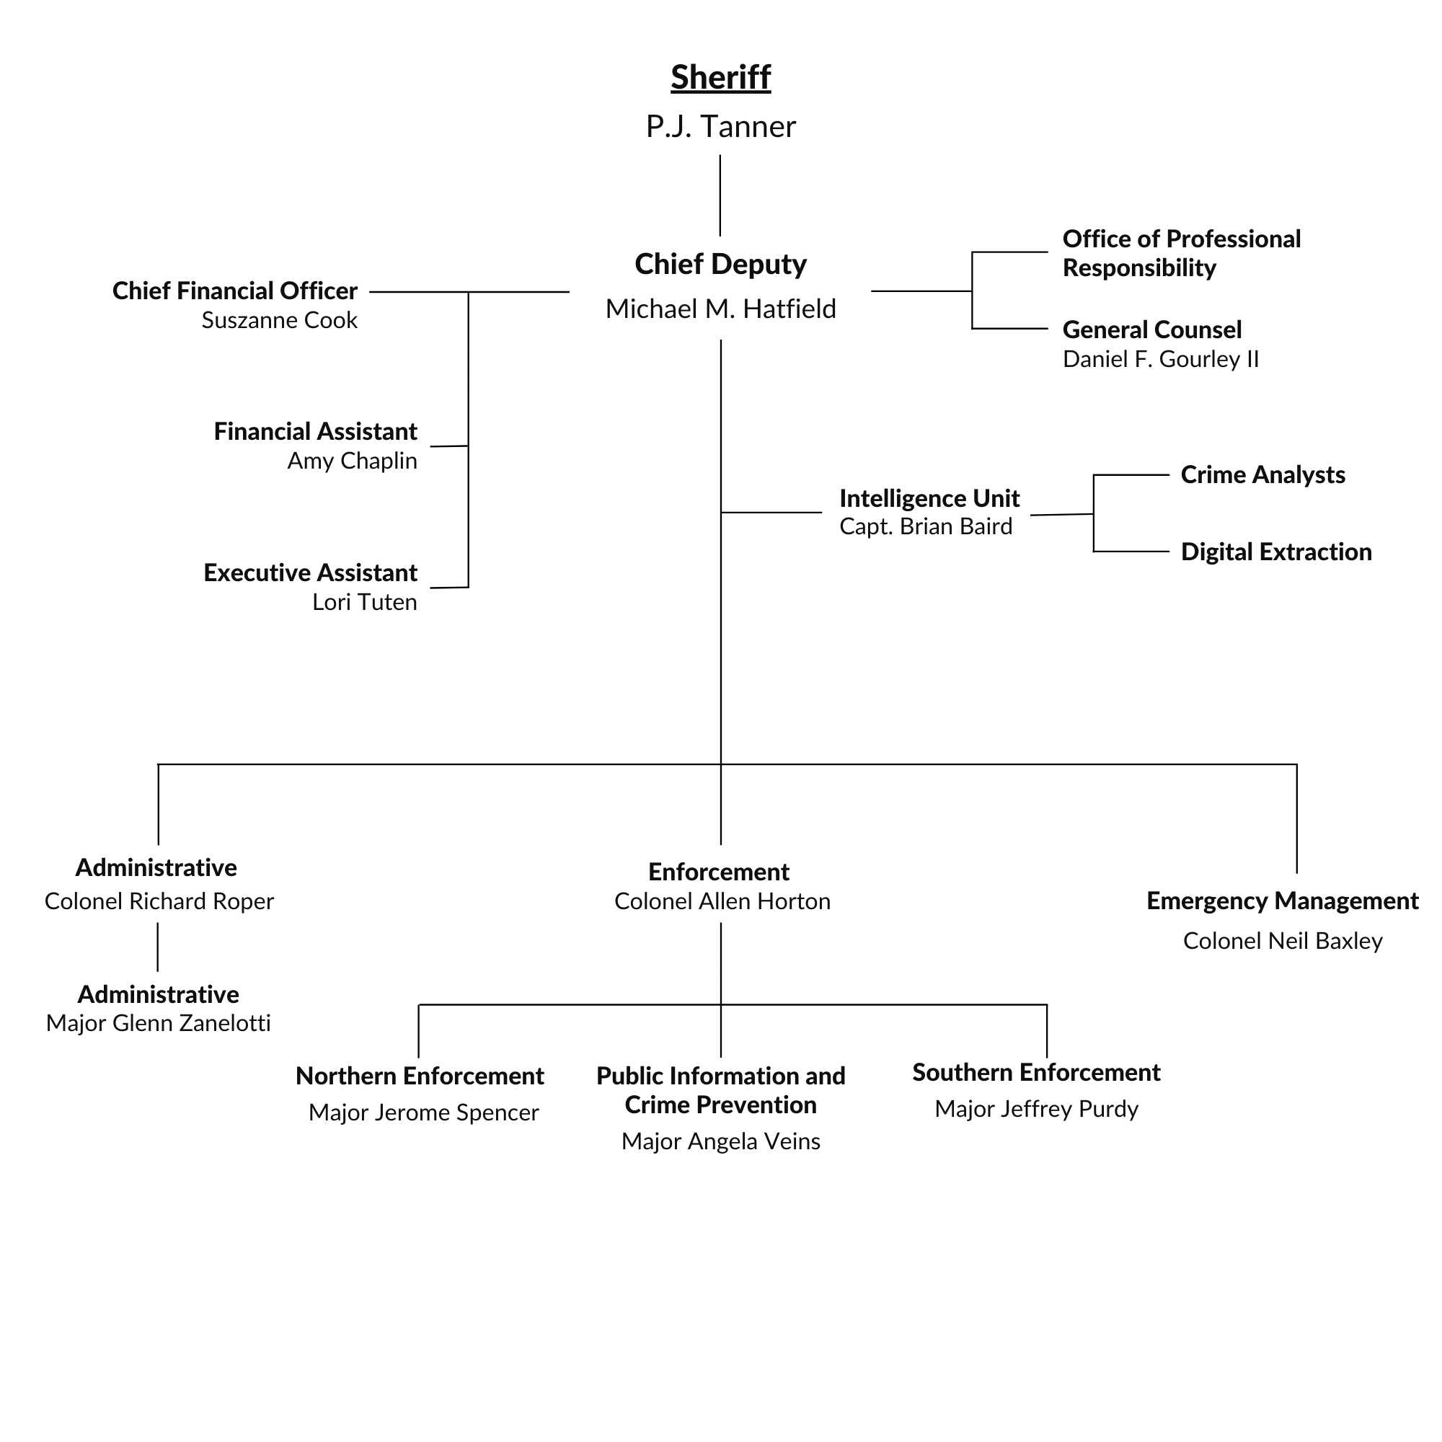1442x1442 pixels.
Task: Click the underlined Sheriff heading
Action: [720, 78]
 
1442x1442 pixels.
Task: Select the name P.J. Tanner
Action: [720, 127]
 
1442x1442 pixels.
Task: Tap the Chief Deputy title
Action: [720, 264]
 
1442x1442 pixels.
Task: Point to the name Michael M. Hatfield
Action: [720, 309]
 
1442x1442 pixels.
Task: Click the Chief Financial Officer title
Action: [234, 291]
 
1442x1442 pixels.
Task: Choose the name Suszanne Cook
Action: [279, 321]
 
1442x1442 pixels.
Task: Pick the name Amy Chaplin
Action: [352, 461]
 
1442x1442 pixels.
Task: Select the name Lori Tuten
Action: [364, 602]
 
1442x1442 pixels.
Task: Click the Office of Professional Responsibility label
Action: [1181, 254]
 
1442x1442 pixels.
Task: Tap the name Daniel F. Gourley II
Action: [1161, 360]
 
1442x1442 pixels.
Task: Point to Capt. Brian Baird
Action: [926, 527]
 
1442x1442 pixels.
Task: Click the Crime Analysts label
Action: [1262, 475]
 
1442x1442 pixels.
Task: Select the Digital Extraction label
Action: [1275, 552]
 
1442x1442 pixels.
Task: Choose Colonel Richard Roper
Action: [159, 902]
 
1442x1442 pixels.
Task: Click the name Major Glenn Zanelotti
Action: [158, 1023]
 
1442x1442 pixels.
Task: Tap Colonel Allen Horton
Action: [722, 902]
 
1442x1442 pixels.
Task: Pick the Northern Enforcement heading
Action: [420, 1076]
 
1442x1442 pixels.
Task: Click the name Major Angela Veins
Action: [720, 1141]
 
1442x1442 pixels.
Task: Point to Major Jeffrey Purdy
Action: [1036, 1109]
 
